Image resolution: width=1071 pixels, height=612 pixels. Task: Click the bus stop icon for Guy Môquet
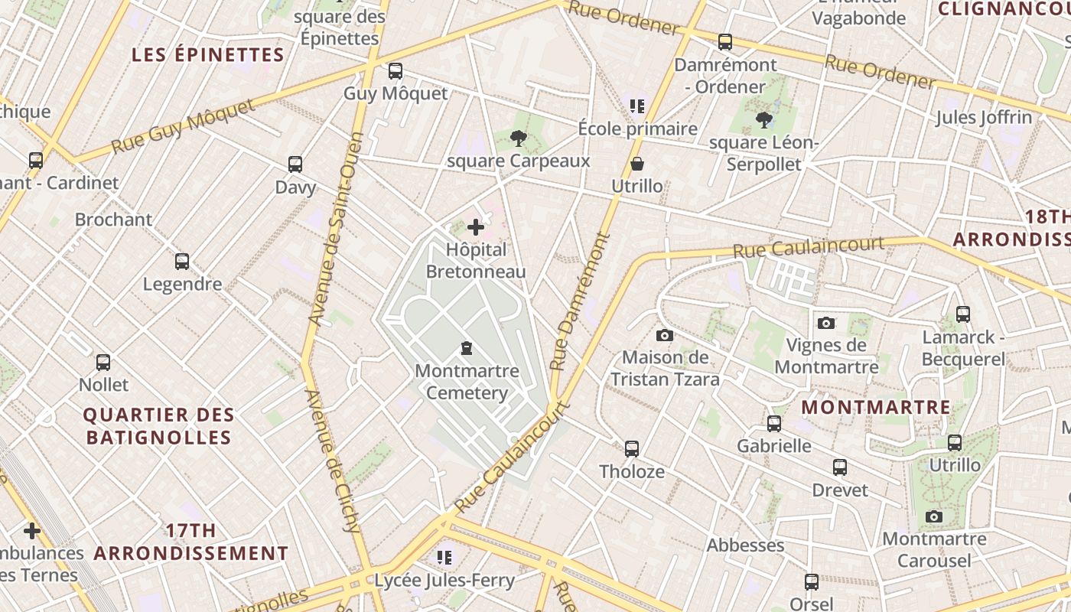[395, 71]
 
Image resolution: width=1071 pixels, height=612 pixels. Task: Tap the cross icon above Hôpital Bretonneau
[476, 226]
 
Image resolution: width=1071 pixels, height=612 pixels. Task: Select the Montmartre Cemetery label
[467, 382]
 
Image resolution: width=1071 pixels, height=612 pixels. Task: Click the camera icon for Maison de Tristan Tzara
[665, 335]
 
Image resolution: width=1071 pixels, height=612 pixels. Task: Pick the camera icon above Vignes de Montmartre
[826, 323]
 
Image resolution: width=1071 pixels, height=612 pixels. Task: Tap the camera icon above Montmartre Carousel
[933, 516]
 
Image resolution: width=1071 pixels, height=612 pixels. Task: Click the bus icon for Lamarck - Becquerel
[963, 314]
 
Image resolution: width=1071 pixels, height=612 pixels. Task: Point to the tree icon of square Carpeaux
[519, 138]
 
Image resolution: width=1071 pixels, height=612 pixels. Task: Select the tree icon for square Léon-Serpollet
[763, 119]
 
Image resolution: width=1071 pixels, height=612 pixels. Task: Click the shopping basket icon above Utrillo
[636, 164]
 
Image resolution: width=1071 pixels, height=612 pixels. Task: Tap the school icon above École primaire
[637, 106]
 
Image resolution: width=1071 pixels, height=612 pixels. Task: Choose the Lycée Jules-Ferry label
[444, 580]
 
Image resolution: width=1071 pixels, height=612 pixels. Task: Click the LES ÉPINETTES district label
[208, 55]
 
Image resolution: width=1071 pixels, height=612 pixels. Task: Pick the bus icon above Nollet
[103, 362]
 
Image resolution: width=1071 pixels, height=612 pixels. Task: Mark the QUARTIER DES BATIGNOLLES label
[158, 426]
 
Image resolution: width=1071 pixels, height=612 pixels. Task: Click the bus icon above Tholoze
[632, 449]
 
